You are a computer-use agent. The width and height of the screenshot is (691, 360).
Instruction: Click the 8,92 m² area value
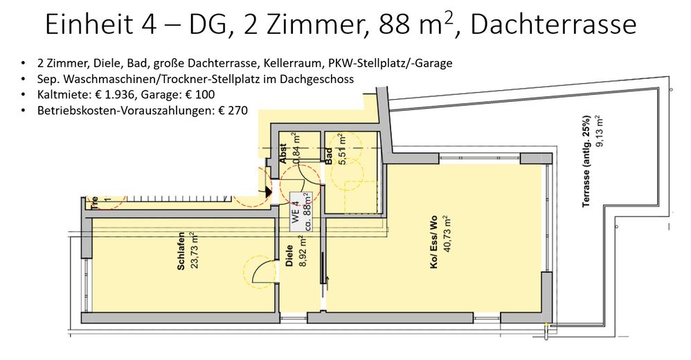pyautogui.click(x=303, y=255)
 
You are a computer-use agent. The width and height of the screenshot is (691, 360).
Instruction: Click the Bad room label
pyautogui.click(x=329, y=154)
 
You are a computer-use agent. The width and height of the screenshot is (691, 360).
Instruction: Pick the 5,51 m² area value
pyautogui.click(x=341, y=148)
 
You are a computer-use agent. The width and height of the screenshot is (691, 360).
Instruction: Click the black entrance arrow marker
pyautogui.click(x=267, y=190)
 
